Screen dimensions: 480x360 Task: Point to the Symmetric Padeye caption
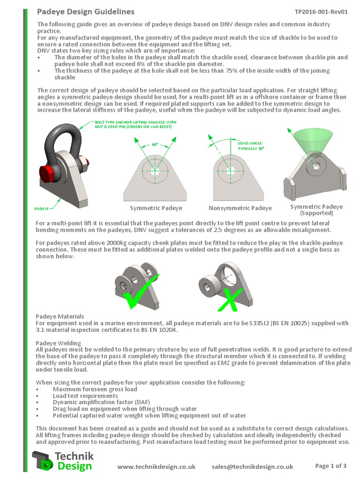click(x=156, y=208)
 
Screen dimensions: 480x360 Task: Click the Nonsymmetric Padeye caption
click(x=240, y=208)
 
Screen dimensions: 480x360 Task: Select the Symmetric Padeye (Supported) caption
click(x=316, y=210)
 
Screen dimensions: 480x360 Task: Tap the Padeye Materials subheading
click(x=60, y=316)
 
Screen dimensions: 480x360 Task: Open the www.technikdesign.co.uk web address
click(x=156, y=466)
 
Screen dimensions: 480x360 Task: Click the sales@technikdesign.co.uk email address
click(x=252, y=466)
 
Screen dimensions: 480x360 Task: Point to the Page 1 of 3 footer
click(x=331, y=466)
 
